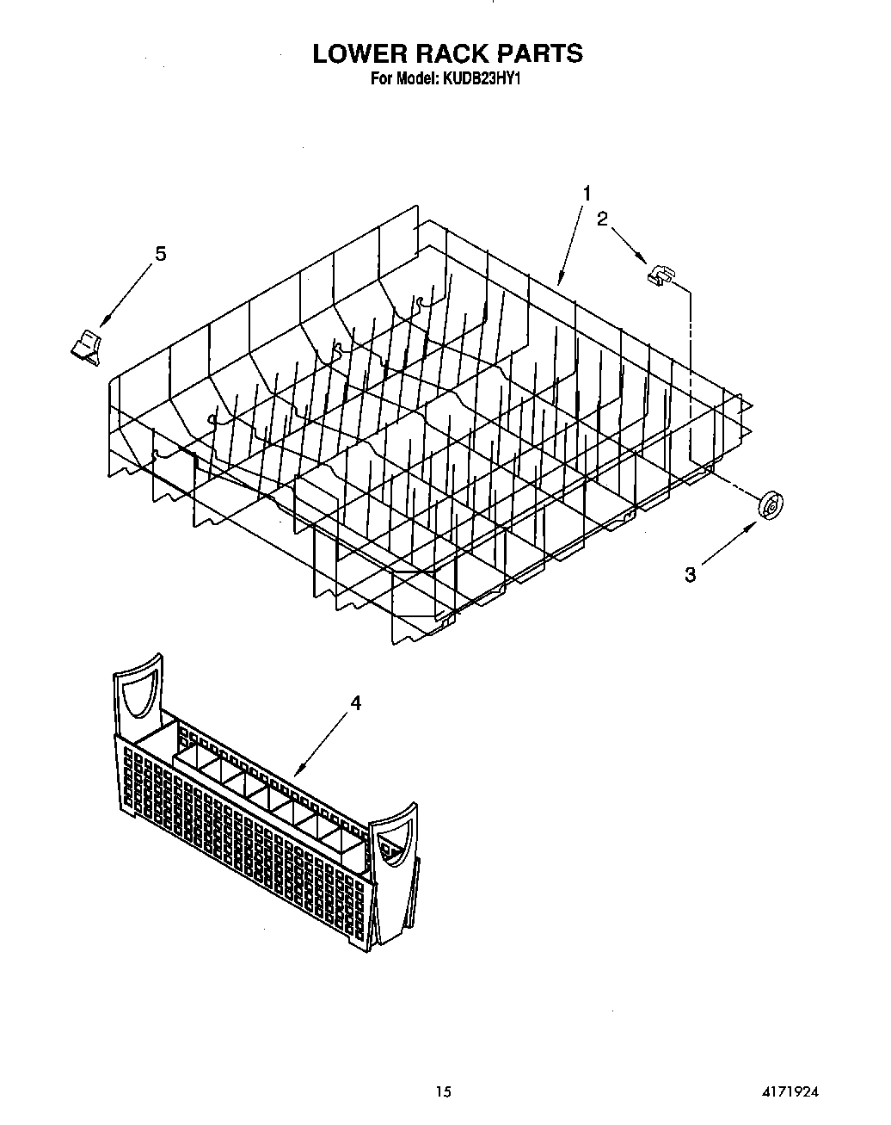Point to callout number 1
(x=587, y=194)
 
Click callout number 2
(x=602, y=219)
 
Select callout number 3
(x=690, y=574)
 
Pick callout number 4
(x=355, y=703)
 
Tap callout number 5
(x=160, y=254)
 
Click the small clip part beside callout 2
(x=660, y=275)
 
